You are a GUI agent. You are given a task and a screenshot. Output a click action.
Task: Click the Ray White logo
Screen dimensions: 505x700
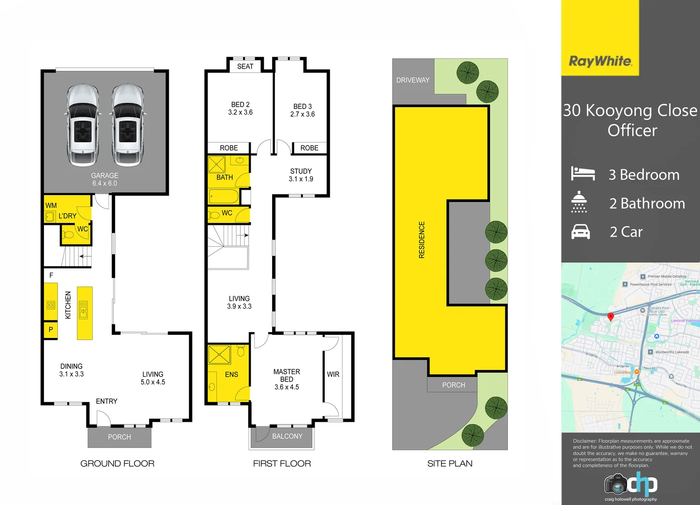coord(600,61)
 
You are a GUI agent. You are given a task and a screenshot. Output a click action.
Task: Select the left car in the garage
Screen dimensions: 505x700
coord(83,125)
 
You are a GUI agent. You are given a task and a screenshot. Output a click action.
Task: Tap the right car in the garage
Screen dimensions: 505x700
coord(128,125)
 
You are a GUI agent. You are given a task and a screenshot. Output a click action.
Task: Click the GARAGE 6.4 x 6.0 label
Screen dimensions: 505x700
coord(105,180)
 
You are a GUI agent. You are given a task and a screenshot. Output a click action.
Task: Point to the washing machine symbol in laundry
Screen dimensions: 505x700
coord(50,216)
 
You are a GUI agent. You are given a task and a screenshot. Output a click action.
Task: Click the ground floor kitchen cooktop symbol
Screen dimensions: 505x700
coord(51,305)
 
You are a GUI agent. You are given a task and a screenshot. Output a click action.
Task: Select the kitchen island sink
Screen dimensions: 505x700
coord(83,310)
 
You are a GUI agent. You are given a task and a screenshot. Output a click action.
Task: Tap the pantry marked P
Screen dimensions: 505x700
coord(51,330)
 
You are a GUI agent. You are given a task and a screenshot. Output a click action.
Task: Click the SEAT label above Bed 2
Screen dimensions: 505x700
coord(245,66)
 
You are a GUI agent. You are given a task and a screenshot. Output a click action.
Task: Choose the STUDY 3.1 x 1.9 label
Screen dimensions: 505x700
coord(301,175)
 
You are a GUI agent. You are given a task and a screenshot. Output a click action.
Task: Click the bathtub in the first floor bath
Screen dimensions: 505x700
coord(224,196)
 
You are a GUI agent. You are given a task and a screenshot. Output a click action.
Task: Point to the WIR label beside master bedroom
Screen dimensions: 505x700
coord(333,375)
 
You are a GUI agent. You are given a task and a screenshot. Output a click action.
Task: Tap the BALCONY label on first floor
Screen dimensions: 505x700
coord(287,436)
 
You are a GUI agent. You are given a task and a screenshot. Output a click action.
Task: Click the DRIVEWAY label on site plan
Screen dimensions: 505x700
coord(412,80)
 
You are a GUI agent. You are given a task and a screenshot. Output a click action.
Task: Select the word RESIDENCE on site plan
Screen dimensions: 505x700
coord(422,240)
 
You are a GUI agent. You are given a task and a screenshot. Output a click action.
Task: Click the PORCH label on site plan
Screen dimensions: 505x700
coord(454,385)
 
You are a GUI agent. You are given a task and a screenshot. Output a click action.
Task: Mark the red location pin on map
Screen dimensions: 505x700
coord(610,317)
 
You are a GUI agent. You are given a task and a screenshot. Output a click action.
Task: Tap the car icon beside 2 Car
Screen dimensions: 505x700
coord(581,232)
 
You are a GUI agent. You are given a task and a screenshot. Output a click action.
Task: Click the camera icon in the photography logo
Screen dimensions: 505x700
coord(616,484)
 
